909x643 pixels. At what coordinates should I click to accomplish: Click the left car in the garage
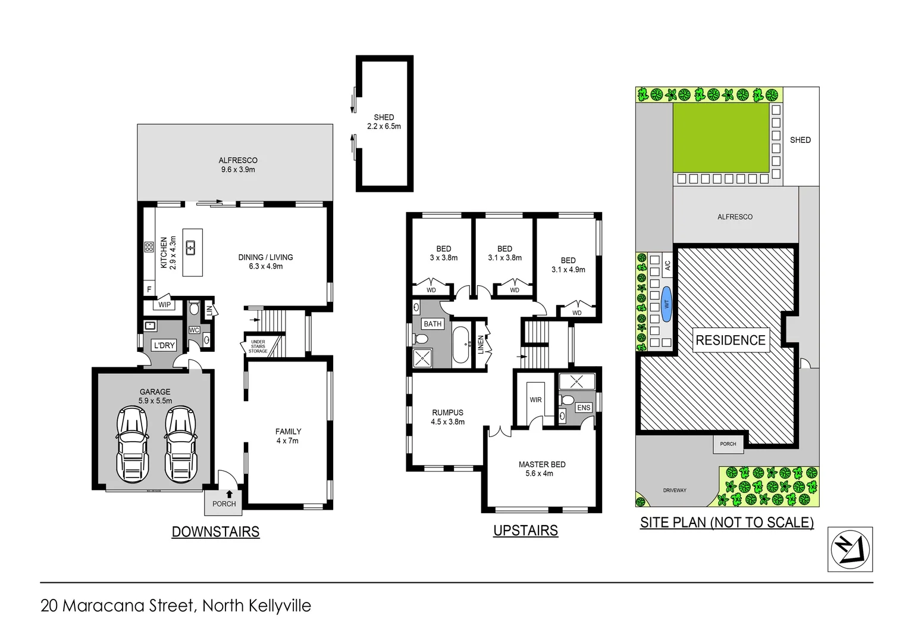pos(132,444)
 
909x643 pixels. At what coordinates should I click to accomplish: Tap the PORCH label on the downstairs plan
pos(224,504)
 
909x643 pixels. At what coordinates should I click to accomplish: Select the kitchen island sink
pos(191,247)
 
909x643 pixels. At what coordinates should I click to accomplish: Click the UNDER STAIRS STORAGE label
pos(258,347)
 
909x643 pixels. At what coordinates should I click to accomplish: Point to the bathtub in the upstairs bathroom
pos(461,345)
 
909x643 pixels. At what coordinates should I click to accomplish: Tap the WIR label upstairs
pos(535,399)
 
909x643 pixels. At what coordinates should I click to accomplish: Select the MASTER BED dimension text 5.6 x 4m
pos(539,474)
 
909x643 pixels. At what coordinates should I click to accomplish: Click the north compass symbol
pos(850,549)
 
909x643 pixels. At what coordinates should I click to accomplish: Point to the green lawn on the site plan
pos(721,137)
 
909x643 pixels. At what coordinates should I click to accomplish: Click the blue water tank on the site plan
pos(666,304)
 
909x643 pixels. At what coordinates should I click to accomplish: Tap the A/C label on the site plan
pos(667,265)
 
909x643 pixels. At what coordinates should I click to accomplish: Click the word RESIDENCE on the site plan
pos(731,340)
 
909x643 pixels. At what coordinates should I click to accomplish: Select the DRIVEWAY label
pos(675,491)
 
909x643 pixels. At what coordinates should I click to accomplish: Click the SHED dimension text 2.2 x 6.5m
pos(384,126)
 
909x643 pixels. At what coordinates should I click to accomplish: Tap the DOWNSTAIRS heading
pos(215,532)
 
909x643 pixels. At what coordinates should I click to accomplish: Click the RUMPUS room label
pos(447,412)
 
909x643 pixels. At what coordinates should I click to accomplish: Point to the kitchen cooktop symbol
pos(149,246)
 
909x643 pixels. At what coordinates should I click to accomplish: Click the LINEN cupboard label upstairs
pos(481,345)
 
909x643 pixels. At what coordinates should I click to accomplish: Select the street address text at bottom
pos(175,605)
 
